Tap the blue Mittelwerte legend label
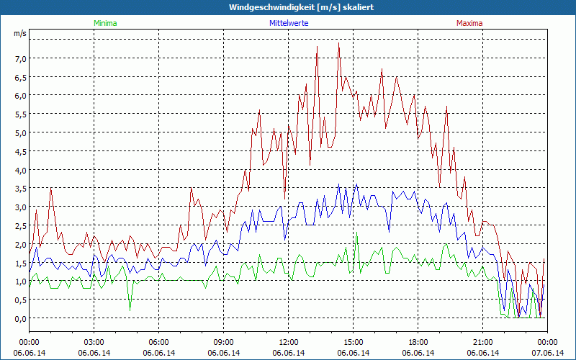coord(288,23)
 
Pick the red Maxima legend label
coord(469,23)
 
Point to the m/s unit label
coord(19,33)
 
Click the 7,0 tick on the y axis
coord(19,58)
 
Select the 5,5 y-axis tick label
coord(19,114)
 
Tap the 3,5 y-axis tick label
coord(19,189)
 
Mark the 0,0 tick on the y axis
coord(19,318)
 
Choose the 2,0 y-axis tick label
coord(19,244)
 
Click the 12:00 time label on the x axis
coord(288,342)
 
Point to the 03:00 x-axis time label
coord(94,342)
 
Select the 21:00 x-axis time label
coord(482,342)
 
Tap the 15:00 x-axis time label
coord(353,342)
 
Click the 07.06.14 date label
coord(547,353)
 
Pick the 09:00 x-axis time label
coord(223,342)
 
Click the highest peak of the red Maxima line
coord(338,43)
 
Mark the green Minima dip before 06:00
coord(130,310)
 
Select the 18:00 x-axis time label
coord(418,342)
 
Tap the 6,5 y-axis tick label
coord(19,77)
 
